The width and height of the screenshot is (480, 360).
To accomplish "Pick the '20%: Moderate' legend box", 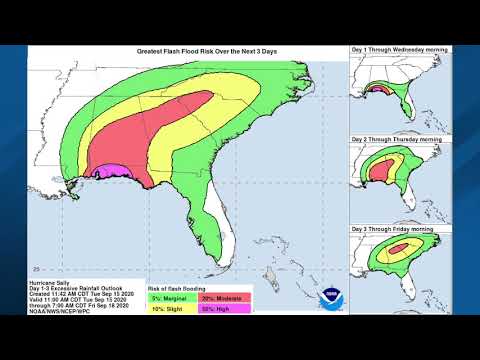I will [225, 297].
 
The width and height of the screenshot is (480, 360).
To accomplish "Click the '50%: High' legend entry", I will [225, 310].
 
